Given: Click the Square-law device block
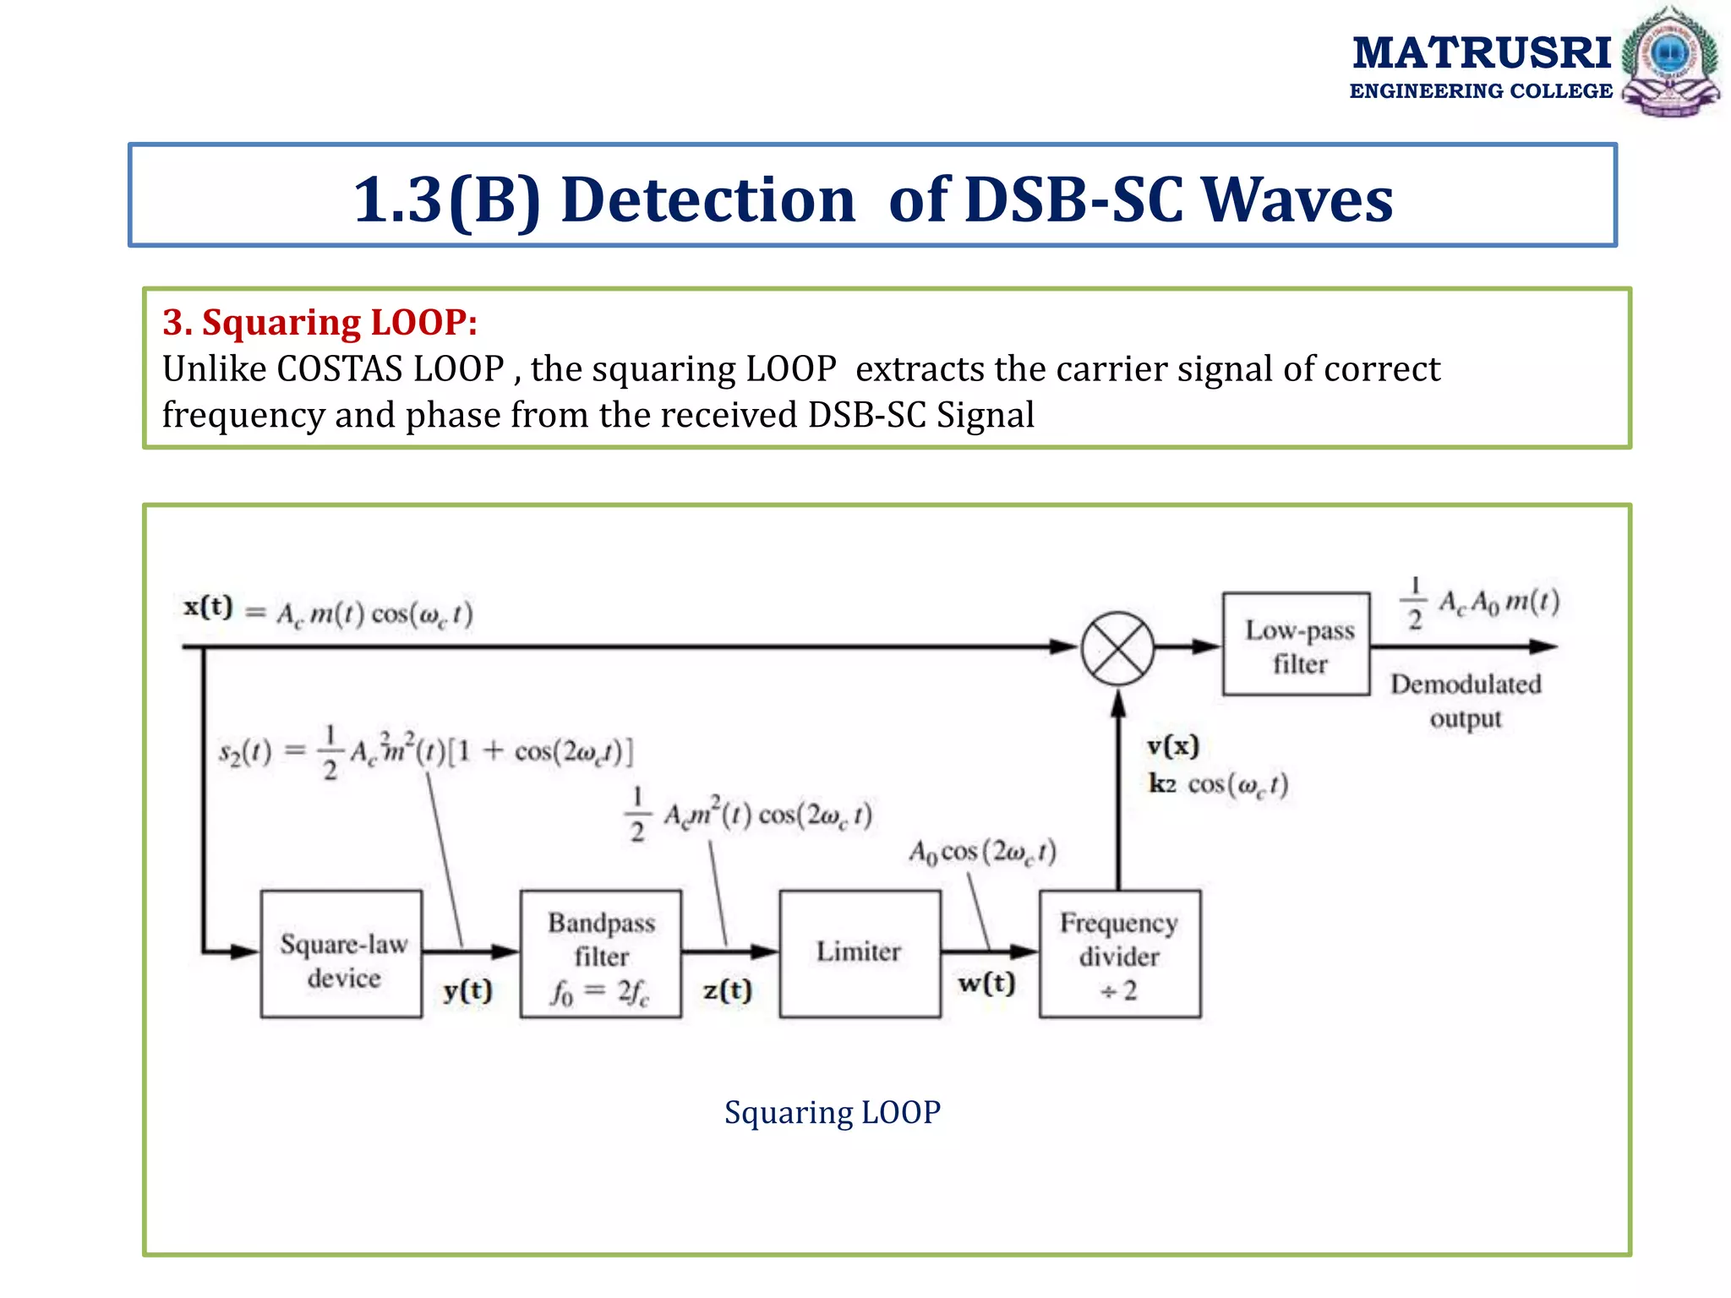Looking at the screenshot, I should click(x=341, y=954).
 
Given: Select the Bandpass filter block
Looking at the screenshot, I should click(x=601, y=954).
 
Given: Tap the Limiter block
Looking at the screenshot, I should click(x=860, y=953).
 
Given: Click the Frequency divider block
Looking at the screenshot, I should click(x=1119, y=954).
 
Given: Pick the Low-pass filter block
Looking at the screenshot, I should click(x=1296, y=645).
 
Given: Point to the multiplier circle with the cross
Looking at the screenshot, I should click(x=1117, y=648).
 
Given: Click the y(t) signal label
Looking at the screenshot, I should click(x=467, y=990).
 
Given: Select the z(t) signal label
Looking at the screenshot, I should click(x=727, y=990).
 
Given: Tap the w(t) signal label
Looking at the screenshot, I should click(x=986, y=984).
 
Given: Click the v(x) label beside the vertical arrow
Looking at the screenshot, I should click(x=1172, y=745).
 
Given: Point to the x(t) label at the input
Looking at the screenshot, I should click(x=208, y=607).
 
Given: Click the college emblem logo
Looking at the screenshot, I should click(x=1669, y=61).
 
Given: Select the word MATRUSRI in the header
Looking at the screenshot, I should click(x=1482, y=52).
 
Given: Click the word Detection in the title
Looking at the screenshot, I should click(x=708, y=200).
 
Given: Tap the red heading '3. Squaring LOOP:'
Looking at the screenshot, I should click(x=319, y=322).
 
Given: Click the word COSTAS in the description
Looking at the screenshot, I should click(x=339, y=369).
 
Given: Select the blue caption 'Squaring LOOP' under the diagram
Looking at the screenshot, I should click(x=832, y=1112).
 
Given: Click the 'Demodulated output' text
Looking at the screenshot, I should click(x=1466, y=701).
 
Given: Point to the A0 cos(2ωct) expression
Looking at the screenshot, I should click(x=982, y=852).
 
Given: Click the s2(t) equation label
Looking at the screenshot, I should click(x=245, y=751).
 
